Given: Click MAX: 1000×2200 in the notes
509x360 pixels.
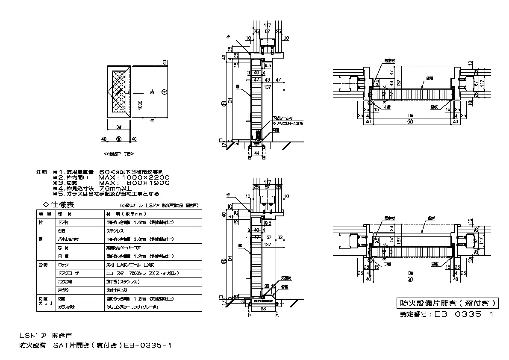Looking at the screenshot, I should [135, 177].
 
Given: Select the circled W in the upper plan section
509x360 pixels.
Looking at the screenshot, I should [410, 121].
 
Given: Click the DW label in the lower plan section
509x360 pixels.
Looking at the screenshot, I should [410, 272].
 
